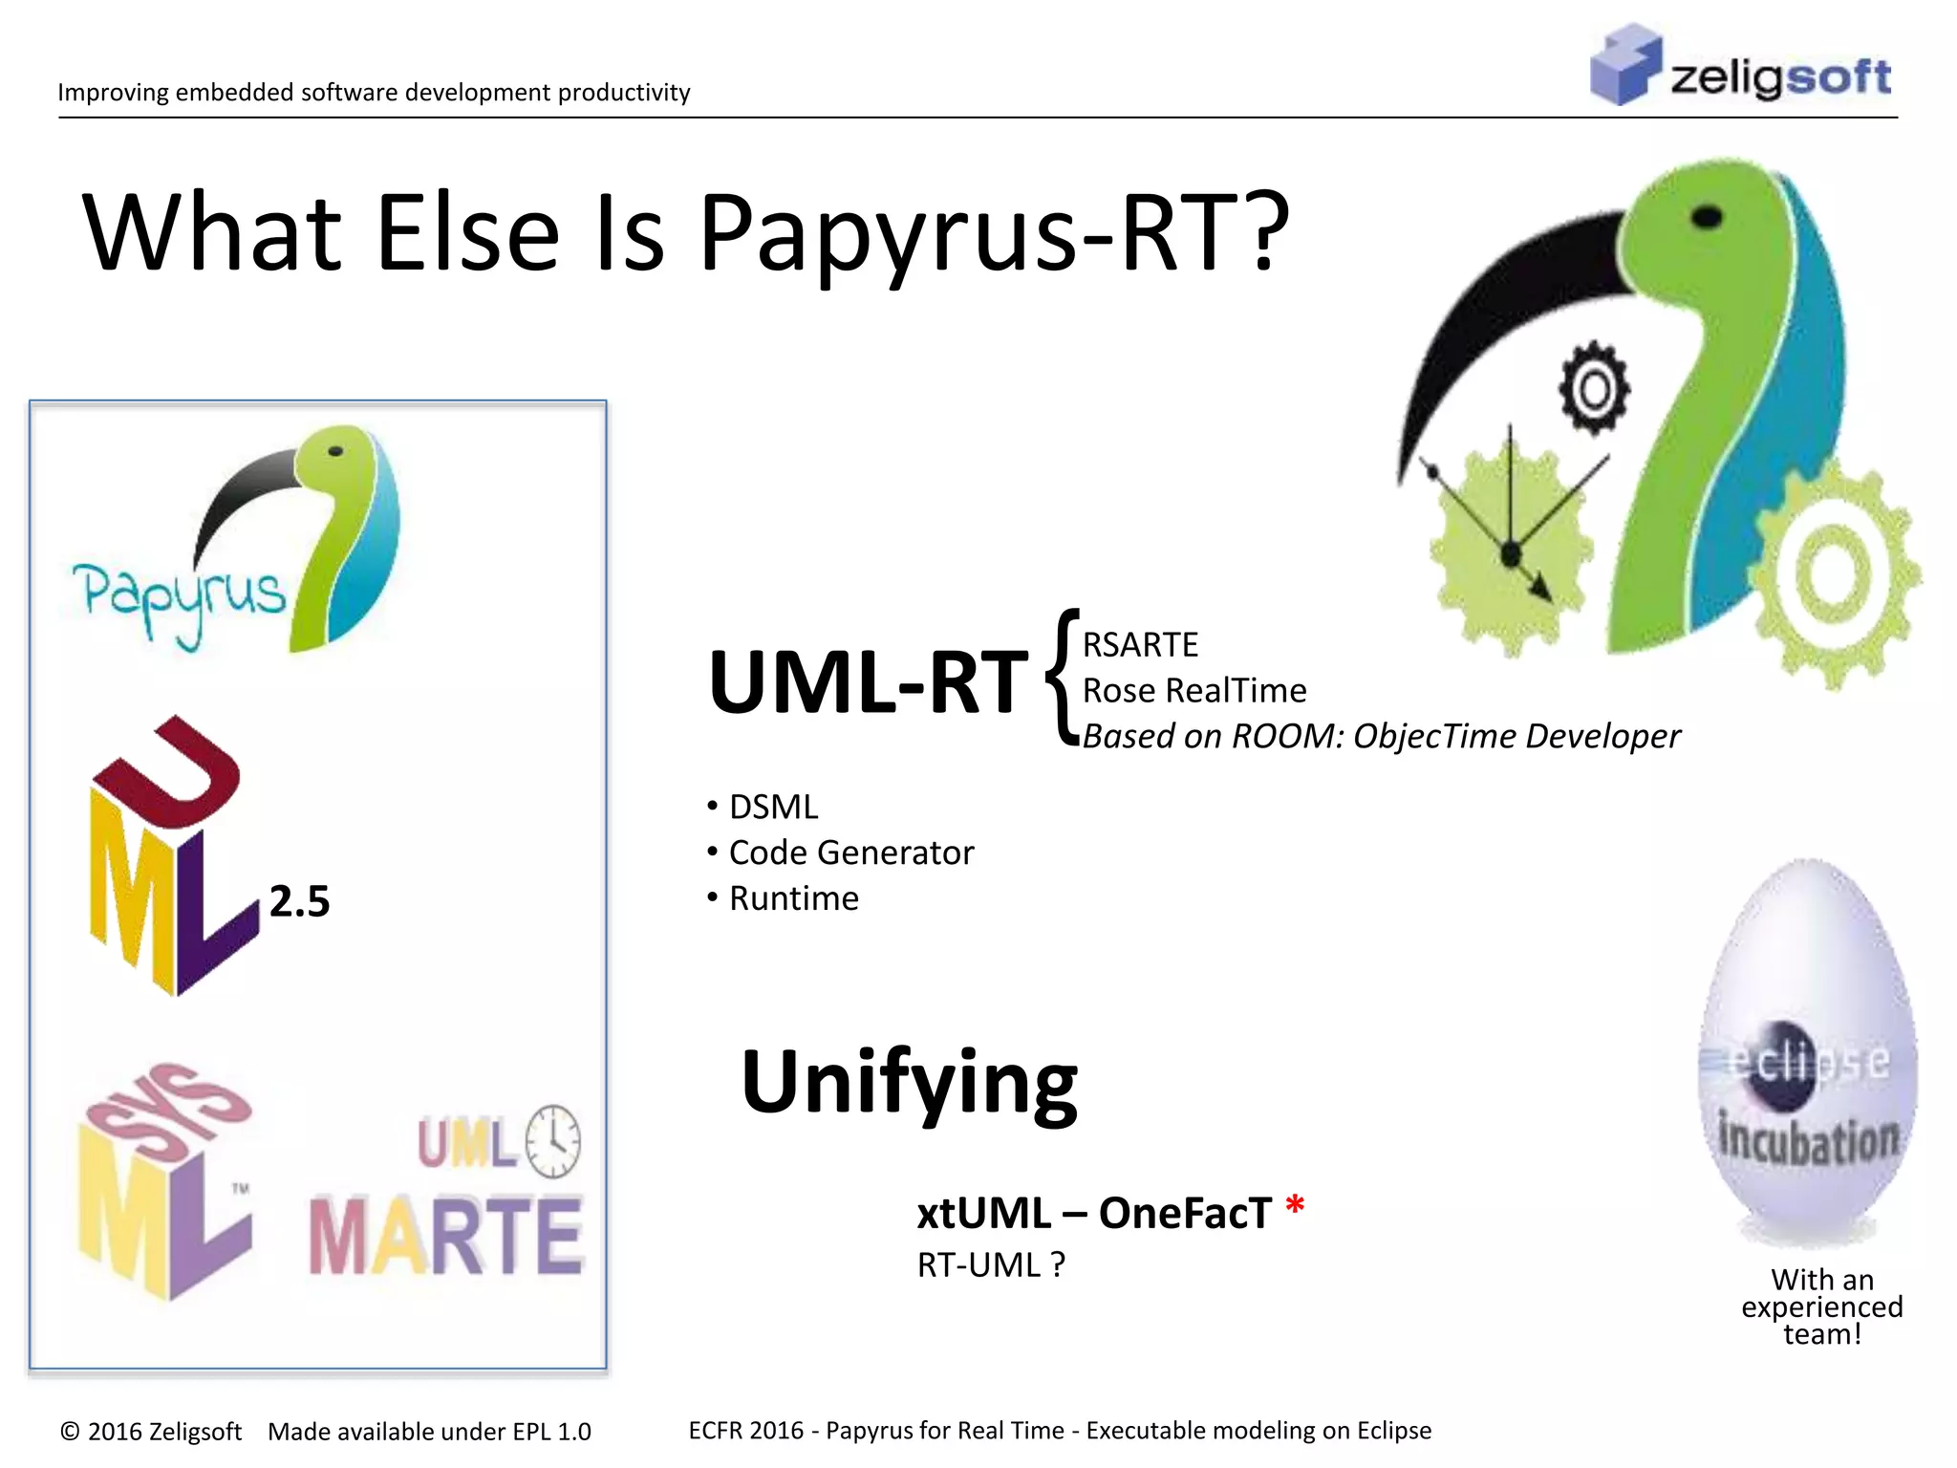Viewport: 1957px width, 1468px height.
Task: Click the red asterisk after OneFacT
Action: (x=1295, y=1206)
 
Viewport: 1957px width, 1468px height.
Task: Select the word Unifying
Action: (x=909, y=1083)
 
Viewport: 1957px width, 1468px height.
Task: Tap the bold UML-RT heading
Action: (x=868, y=682)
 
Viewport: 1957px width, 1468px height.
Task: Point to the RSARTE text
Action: (x=1139, y=645)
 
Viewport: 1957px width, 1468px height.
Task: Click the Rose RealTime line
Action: (x=1194, y=690)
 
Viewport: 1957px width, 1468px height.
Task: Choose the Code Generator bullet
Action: (x=850, y=853)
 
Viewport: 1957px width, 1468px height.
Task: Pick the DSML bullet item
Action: (x=773, y=807)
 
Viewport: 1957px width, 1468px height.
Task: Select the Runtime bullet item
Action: (x=793, y=898)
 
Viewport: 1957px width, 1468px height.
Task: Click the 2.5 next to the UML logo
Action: (x=299, y=901)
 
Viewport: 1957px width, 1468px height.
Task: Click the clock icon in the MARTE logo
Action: (x=553, y=1141)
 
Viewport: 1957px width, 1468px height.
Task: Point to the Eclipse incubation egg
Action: (x=1807, y=1051)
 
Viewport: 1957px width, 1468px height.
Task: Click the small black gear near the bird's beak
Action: (x=1594, y=389)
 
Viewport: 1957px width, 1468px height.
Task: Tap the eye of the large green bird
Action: (x=1707, y=218)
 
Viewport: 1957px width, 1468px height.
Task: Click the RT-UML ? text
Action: (x=990, y=1264)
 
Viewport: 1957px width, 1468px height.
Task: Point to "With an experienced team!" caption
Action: (x=1821, y=1306)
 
